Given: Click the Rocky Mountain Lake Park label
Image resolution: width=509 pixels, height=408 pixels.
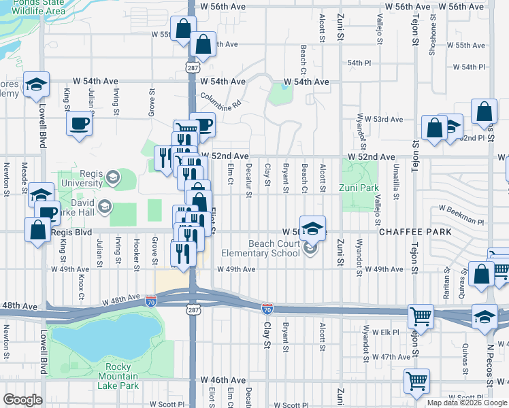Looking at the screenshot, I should pyautogui.click(x=118, y=376).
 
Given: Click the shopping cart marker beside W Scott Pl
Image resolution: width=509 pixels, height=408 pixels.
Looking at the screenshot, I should pyautogui.click(x=416, y=380).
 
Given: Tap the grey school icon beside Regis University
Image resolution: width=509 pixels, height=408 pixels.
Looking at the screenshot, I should pyautogui.click(x=112, y=178).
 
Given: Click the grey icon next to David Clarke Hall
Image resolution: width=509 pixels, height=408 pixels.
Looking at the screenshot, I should pyautogui.click(x=105, y=206).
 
